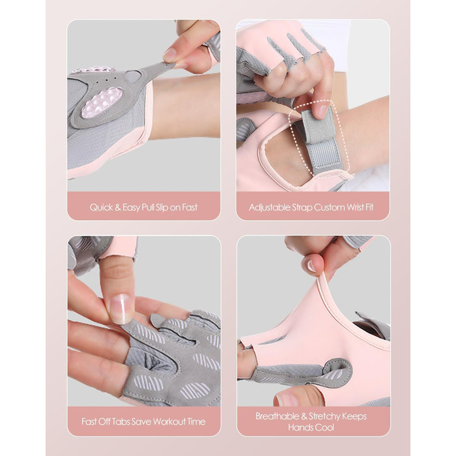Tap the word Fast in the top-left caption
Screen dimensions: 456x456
(190, 207)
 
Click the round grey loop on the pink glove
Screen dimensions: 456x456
(337, 369)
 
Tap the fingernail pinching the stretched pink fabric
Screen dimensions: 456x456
(311, 266)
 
